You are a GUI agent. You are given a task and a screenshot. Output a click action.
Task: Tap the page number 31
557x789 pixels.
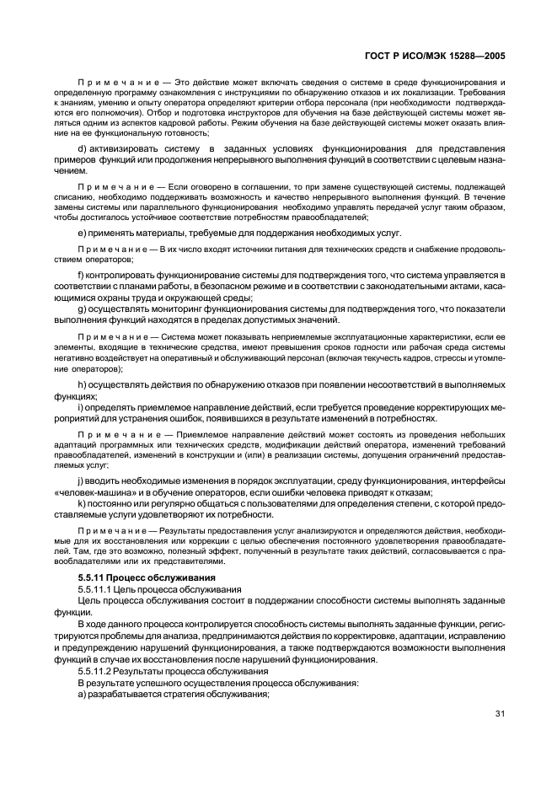pyautogui.click(x=500, y=715)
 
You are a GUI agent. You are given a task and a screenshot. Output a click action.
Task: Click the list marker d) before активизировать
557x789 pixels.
pyautogui.click(x=82, y=148)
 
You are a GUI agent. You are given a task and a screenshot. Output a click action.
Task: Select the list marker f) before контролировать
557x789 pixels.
pyautogui.click(x=81, y=275)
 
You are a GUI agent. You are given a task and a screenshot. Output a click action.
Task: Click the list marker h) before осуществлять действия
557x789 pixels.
pyautogui.click(x=82, y=384)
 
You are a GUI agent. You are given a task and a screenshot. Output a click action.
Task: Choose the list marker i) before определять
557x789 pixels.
pyautogui.click(x=80, y=407)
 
